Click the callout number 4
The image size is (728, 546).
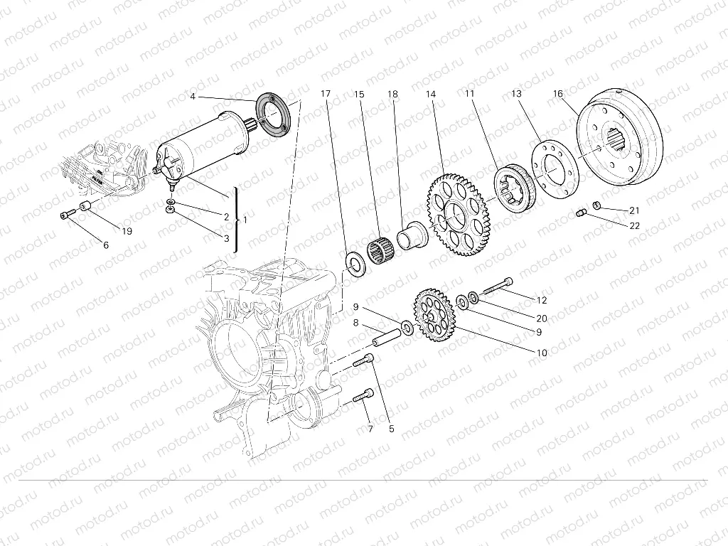[x=193, y=97]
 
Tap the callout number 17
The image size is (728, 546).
[x=326, y=94]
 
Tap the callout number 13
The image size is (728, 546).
[x=516, y=94]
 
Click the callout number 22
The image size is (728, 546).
[x=634, y=225]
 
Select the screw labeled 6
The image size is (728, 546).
[x=67, y=215]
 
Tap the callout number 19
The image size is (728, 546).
[x=127, y=231]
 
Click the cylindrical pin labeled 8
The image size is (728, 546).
[x=387, y=338]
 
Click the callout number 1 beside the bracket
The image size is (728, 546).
[x=245, y=220]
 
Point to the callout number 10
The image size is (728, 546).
[x=542, y=353]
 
